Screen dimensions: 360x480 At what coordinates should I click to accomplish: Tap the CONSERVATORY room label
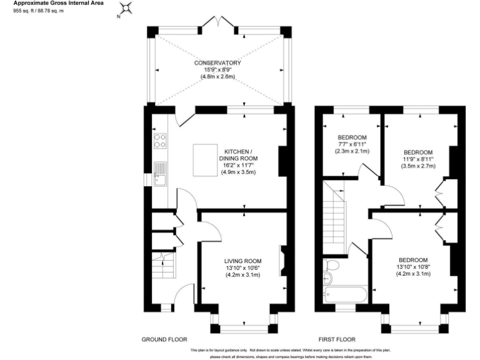click(217, 63)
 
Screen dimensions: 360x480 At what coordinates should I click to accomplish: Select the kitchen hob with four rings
click(159, 141)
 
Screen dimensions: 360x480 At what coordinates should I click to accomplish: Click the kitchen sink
click(159, 174)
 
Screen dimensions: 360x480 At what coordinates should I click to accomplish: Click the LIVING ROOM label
click(243, 261)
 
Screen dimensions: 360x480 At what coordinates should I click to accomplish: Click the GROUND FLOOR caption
click(164, 339)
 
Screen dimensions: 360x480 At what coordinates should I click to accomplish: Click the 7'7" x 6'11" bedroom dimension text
click(352, 144)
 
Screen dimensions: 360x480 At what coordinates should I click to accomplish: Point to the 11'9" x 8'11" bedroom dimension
click(417, 159)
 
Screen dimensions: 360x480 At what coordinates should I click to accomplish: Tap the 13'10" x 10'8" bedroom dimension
click(413, 267)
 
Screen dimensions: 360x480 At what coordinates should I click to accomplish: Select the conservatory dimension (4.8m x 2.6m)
click(217, 77)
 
